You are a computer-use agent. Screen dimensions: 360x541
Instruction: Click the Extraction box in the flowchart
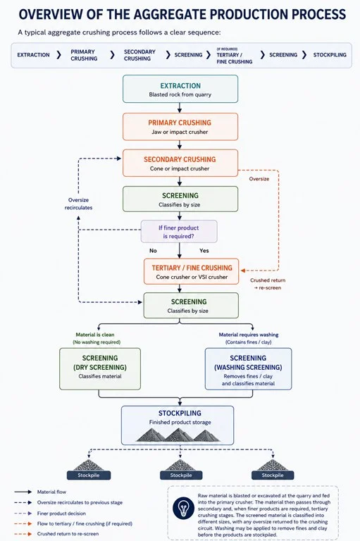(x=180, y=89)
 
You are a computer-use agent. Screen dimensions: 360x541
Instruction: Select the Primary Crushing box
(x=180, y=127)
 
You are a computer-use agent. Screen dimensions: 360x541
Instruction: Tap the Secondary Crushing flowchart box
(x=180, y=163)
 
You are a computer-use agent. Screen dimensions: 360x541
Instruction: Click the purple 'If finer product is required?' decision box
(x=179, y=232)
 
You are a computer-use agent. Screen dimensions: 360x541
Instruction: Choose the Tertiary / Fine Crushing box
(x=191, y=271)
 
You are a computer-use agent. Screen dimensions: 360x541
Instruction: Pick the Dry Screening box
(x=100, y=369)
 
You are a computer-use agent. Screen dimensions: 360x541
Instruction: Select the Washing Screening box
(x=248, y=369)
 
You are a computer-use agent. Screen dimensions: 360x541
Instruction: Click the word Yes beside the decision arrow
(x=204, y=251)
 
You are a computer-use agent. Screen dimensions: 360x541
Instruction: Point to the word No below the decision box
(x=153, y=251)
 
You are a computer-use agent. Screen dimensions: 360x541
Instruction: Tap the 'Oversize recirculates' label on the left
(x=78, y=204)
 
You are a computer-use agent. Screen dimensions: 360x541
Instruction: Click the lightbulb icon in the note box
(x=183, y=508)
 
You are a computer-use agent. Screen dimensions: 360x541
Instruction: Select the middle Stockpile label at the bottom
(x=181, y=475)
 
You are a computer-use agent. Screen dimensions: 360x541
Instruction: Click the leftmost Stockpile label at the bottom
(x=89, y=475)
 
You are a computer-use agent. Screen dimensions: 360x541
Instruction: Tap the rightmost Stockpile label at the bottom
(x=273, y=475)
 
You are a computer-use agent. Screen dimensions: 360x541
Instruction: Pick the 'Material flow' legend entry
(x=51, y=492)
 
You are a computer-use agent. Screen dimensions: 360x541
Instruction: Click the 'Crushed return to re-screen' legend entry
(x=68, y=534)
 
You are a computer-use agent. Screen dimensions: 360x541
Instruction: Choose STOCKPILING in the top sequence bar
(x=330, y=55)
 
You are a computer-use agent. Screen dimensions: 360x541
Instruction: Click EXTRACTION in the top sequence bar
(x=34, y=55)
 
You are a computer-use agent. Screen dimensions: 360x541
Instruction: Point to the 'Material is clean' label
(x=95, y=335)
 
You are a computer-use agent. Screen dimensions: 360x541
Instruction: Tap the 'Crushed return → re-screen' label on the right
(x=268, y=284)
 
